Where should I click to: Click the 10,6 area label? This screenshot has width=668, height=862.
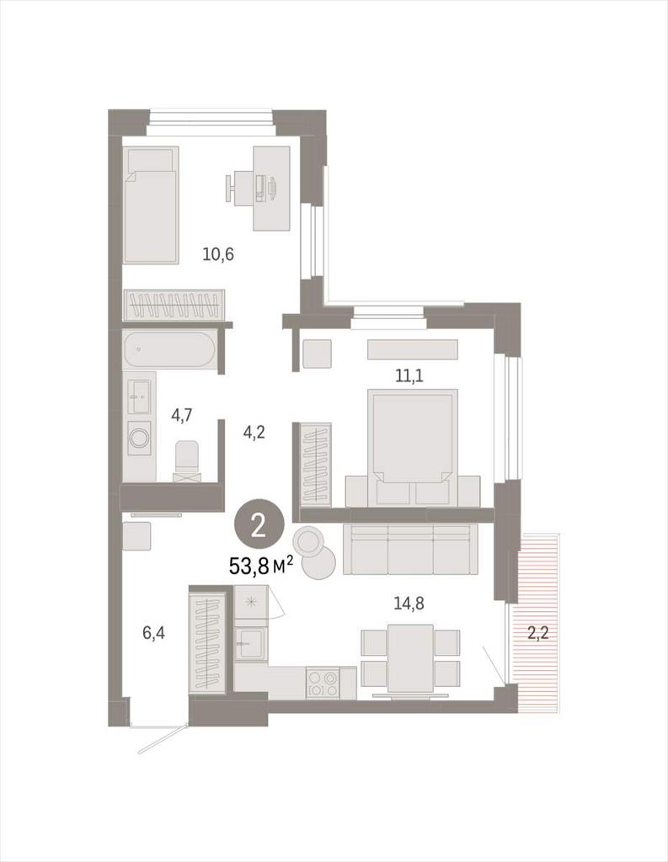coord(218,254)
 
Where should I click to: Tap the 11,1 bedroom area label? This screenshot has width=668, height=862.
coord(410,376)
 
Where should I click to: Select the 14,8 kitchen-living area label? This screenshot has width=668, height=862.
coord(409,604)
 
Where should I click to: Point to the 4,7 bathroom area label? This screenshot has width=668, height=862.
coord(182,415)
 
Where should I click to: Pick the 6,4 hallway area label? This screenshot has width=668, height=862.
coord(153,633)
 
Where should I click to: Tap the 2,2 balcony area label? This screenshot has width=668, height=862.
coord(537,633)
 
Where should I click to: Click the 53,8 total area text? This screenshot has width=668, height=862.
coord(260,566)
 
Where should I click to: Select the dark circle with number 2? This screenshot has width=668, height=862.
coord(259,528)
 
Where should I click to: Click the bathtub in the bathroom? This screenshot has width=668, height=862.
coord(169,349)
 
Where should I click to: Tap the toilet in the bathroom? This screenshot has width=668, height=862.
coord(188,460)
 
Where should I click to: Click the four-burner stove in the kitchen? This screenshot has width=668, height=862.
coord(323,684)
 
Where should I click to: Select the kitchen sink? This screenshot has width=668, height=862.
coord(251,643)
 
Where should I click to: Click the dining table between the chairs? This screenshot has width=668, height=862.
coord(410,658)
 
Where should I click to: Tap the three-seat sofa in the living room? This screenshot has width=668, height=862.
coord(410,549)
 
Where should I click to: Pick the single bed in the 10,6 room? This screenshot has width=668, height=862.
coord(151,205)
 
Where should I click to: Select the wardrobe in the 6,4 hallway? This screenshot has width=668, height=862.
coord(208,641)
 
